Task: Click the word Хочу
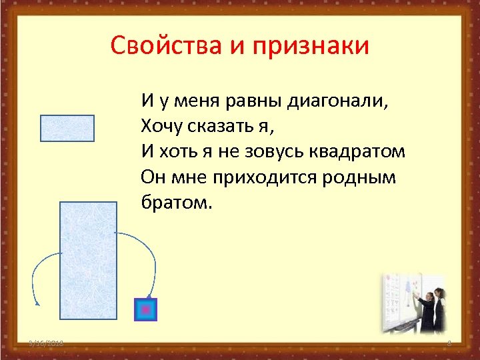[x=161, y=126]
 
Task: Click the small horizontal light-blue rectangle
[x=67, y=128]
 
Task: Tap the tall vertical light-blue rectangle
[x=88, y=260]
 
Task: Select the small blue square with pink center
[x=145, y=309]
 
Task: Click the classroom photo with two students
[x=413, y=304]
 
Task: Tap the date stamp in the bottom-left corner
[x=46, y=343]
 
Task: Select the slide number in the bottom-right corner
[x=449, y=343]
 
